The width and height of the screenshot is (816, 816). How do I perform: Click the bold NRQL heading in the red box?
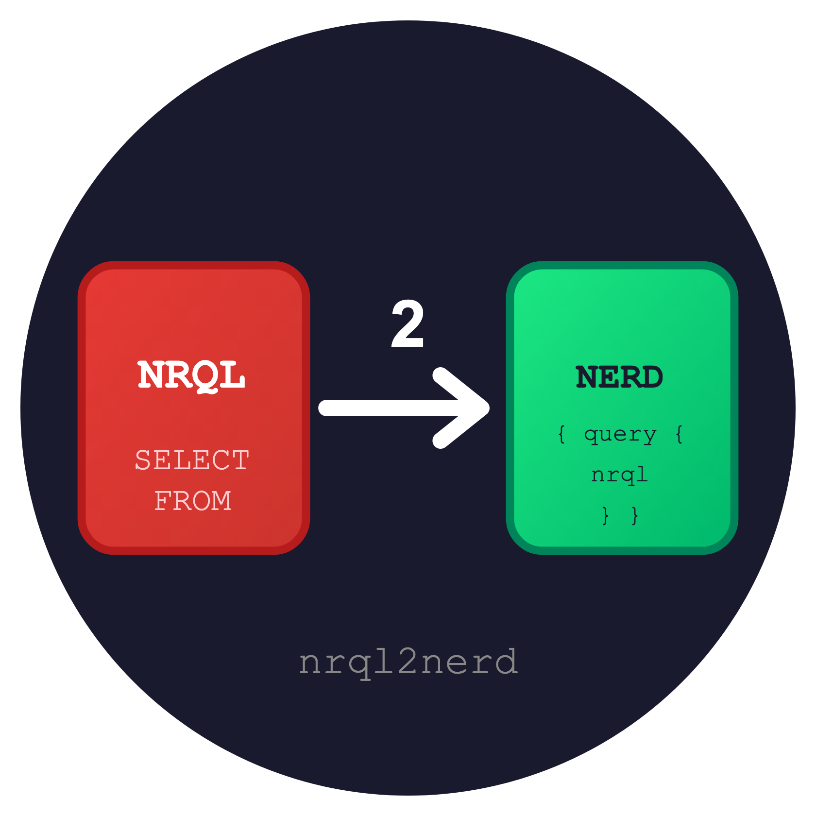pyautogui.click(x=191, y=375)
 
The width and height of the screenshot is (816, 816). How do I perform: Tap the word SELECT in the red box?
pyautogui.click(x=192, y=460)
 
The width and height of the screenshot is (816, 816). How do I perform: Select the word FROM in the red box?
pyautogui.click(x=193, y=501)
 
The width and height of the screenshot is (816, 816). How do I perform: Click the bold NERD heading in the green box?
pyautogui.click(x=619, y=377)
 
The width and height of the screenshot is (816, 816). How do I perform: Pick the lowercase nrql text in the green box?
pyautogui.click(x=620, y=475)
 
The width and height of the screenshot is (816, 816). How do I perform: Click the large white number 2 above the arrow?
pyautogui.click(x=408, y=323)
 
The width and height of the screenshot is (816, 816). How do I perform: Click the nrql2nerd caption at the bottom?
pyautogui.click(x=408, y=662)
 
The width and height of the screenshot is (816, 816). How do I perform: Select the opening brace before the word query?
pyautogui.click(x=562, y=434)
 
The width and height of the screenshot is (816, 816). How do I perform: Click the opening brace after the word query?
pyautogui.click(x=679, y=434)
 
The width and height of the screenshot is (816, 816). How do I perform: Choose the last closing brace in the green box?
pyautogui.click(x=635, y=515)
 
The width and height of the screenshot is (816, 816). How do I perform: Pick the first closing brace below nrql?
pyautogui.click(x=605, y=515)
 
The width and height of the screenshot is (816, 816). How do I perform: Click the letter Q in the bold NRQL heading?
pyautogui.click(x=206, y=376)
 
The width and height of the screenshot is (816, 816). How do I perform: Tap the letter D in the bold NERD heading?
pyautogui.click(x=651, y=377)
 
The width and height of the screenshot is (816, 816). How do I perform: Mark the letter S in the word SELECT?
pyautogui.click(x=143, y=460)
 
